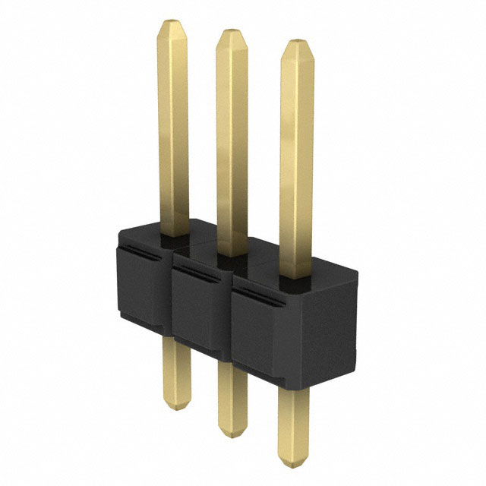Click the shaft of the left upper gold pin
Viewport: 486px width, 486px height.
click(x=173, y=129)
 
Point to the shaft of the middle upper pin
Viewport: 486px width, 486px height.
click(x=232, y=144)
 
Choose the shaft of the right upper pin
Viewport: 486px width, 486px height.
click(x=296, y=159)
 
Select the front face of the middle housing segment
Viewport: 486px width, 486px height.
click(x=200, y=311)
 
